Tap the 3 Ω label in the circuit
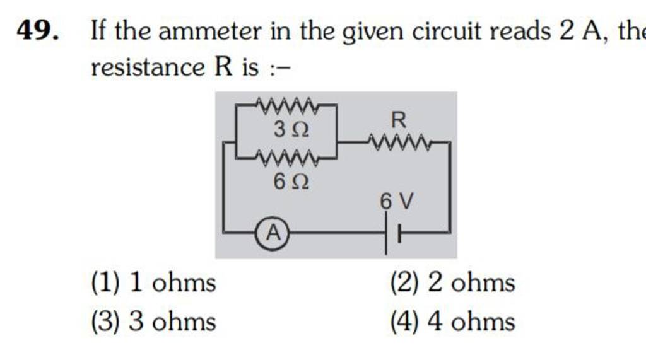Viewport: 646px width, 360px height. click(291, 131)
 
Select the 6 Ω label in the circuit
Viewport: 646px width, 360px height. click(291, 182)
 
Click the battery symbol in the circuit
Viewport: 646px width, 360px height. click(392, 233)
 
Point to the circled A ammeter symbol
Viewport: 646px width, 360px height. click(273, 233)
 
